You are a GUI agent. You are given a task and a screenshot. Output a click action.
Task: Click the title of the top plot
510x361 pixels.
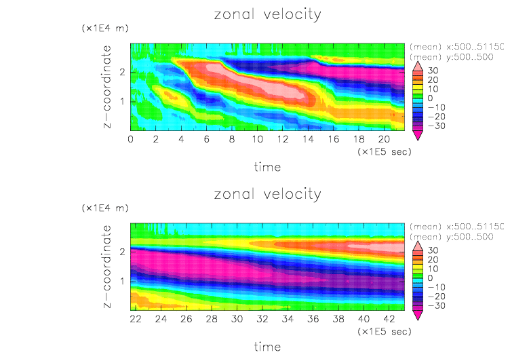pos(267,15)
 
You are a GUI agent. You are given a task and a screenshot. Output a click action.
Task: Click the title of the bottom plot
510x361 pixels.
pos(267,194)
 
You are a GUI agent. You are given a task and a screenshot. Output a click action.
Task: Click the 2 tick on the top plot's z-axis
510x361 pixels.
pos(122,72)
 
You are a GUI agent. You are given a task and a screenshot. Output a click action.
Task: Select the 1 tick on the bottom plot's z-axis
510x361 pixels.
pos(122,280)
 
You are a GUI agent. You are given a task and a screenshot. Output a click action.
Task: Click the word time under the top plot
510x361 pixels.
pos(267,166)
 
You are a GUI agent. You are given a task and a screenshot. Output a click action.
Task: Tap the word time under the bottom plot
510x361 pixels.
pos(267,346)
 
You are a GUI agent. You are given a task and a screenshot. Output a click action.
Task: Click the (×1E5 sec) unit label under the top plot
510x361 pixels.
pos(384,152)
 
